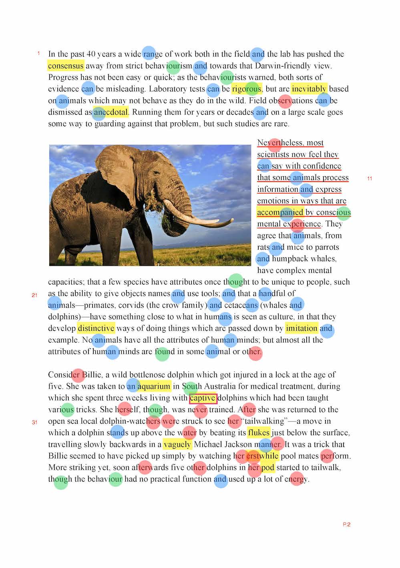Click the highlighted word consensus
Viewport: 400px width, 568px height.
point(66,66)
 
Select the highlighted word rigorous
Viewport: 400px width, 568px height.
point(246,89)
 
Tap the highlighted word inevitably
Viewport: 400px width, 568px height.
point(309,89)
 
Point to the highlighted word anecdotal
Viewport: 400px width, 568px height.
point(111,112)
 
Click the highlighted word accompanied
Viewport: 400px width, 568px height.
point(280,212)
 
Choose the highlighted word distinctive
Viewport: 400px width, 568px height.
point(96,328)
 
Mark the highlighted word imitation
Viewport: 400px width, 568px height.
point(302,328)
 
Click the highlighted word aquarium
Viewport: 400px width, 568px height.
point(154,386)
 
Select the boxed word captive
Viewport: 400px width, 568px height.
point(203,398)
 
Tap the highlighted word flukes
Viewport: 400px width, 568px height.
point(259,433)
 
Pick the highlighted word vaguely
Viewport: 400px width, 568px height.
point(177,444)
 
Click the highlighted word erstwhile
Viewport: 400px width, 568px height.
point(262,456)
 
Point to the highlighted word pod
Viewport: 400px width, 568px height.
point(267,468)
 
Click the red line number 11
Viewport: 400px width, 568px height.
point(370,179)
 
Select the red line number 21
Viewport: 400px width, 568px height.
point(34,295)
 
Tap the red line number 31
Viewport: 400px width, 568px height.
point(34,422)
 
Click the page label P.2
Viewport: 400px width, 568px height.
point(346,524)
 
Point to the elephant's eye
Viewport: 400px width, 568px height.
point(156,173)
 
